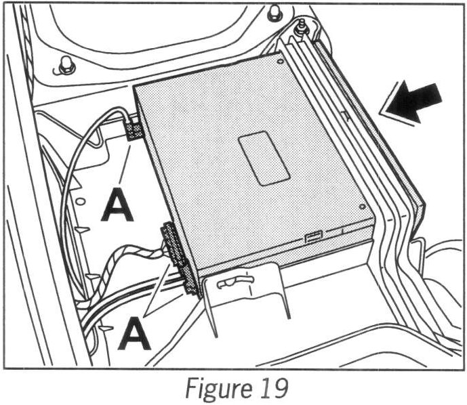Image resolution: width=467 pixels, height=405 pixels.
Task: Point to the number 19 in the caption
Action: click(272, 389)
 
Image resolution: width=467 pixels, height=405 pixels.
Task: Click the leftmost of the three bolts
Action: click(66, 65)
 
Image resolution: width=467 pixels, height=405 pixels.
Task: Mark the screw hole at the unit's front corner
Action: click(364, 207)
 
